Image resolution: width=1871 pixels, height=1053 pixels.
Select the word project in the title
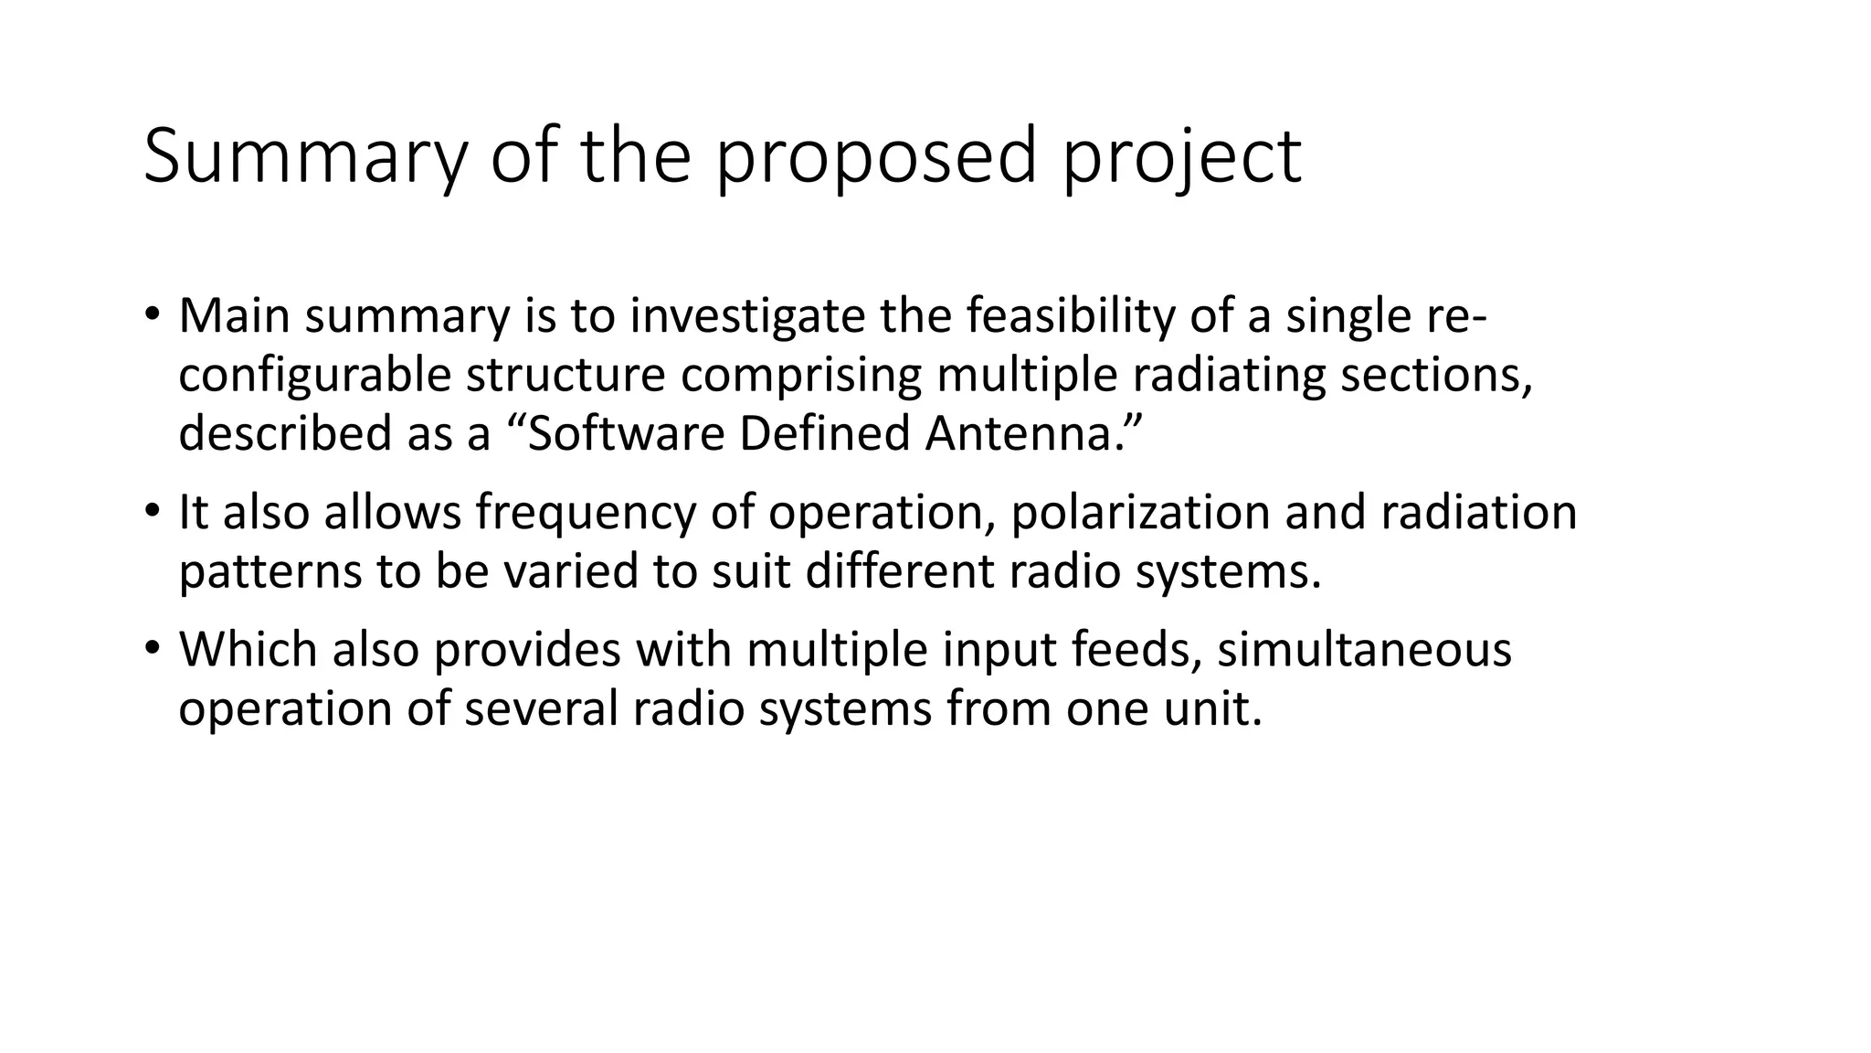click(x=1182, y=157)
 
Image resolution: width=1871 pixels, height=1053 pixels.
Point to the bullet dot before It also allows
click(x=152, y=511)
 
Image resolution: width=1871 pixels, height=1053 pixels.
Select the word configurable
click(x=314, y=376)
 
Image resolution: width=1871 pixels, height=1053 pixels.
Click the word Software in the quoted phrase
click(x=626, y=433)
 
